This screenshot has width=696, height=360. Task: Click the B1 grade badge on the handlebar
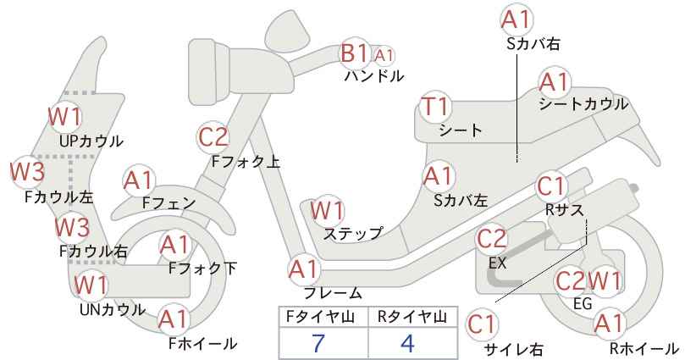click(x=355, y=53)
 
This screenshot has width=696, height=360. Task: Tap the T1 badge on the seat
click(x=435, y=108)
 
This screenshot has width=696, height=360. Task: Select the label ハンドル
click(x=374, y=76)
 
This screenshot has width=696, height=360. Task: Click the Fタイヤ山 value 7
click(x=318, y=343)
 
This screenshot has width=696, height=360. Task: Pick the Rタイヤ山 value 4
click(x=407, y=343)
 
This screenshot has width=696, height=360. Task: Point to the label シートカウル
click(x=583, y=105)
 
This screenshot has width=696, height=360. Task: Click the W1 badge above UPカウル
click(x=65, y=117)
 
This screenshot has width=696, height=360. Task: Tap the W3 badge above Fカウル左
click(x=27, y=171)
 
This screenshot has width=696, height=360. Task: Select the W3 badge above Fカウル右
click(x=72, y=227)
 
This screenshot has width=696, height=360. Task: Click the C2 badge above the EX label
click(x=491, y=240)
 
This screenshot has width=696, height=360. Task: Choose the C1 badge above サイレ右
click(x=482, y=325)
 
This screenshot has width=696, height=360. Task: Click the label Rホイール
click(x=644, y=349)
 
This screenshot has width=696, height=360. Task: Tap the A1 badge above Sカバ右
click(x=516, y=20)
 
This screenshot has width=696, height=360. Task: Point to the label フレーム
click(x=333, y=293)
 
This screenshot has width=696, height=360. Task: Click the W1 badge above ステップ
click(x=327, y=210)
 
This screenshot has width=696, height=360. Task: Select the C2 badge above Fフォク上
click(x=213, y=137)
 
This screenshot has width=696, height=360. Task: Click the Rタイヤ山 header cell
click(x=413, y=318)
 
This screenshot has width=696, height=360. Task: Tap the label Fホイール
click(x=203, y=344)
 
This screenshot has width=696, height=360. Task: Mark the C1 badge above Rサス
click(x=551, y=187)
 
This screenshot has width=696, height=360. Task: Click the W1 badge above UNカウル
click(x=90, y=285)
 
